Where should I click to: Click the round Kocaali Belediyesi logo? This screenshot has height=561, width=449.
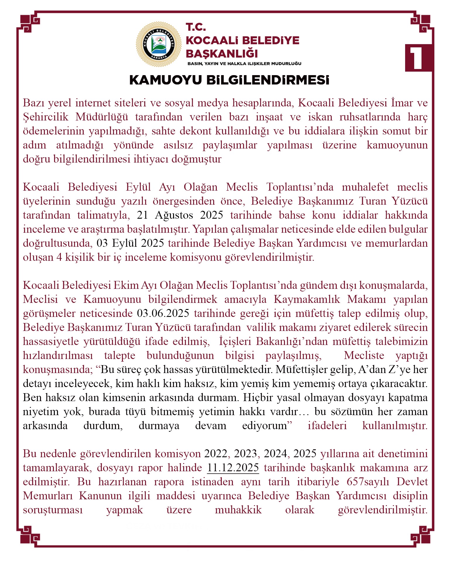159,44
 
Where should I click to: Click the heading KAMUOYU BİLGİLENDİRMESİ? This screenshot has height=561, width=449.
229,80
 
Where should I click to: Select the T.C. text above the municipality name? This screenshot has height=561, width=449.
196,27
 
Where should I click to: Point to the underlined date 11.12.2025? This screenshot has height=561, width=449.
233,467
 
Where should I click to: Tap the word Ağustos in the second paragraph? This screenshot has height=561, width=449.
174,215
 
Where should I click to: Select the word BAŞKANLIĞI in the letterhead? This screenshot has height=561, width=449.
222,54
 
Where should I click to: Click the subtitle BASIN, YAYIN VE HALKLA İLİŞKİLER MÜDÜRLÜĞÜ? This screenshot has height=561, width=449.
244,63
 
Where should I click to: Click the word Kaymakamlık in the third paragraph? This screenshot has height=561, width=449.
307,299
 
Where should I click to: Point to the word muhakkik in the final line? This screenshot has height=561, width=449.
238,510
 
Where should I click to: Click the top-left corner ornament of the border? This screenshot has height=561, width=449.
28,23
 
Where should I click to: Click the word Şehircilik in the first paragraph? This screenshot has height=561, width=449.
46,117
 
